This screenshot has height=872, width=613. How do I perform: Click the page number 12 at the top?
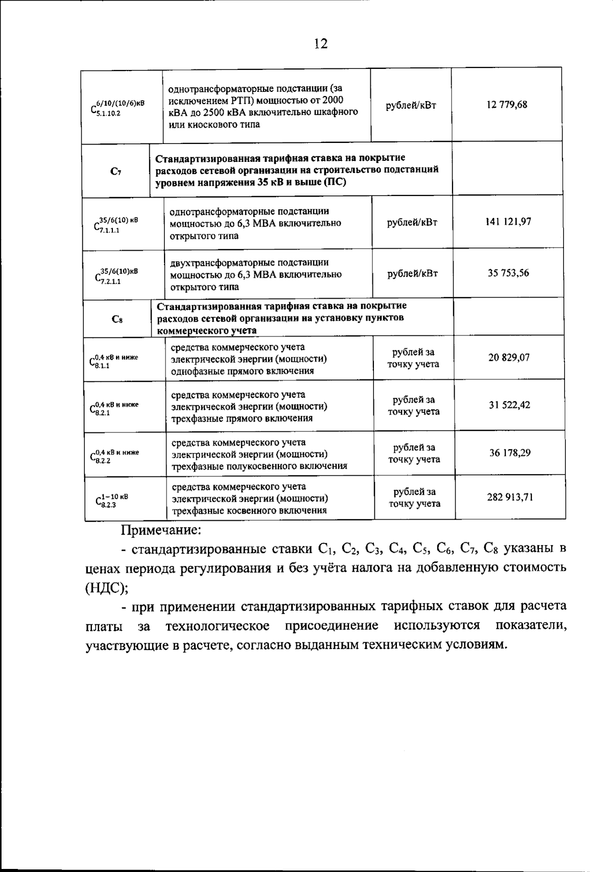click(x=320, y=44)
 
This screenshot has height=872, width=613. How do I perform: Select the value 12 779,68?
click(x=507, y=105)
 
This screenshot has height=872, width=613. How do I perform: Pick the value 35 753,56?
click(x=508, y=273)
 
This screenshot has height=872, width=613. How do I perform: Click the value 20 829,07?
click(x=509, y=357)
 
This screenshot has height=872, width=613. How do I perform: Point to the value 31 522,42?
click(x=509, y=405)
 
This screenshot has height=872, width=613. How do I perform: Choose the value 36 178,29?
click(x=510, y=452)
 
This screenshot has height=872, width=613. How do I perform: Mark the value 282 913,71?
click(x=510, y=497)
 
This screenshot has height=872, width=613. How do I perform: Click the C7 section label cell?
click(x=115, y=172)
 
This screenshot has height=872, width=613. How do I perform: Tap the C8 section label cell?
click(x=116, y=320)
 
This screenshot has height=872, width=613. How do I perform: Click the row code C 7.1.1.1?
click(x=115, y=225)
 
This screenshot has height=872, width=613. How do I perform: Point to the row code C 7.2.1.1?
click(x=116, y=276)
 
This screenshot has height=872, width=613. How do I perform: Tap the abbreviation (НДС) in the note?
click(x=107, y=587)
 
